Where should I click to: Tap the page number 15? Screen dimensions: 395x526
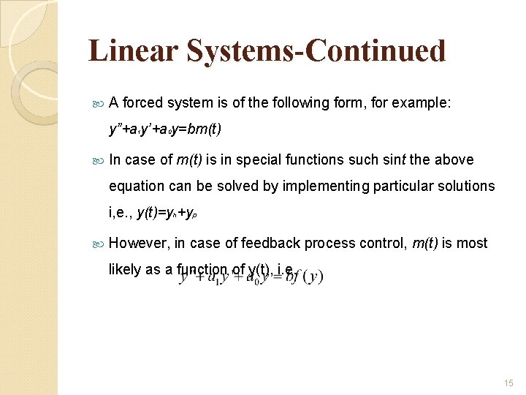click(508, 383)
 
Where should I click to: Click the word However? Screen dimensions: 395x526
click(137, 243)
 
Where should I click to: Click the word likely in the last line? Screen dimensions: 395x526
click(124, 269)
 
